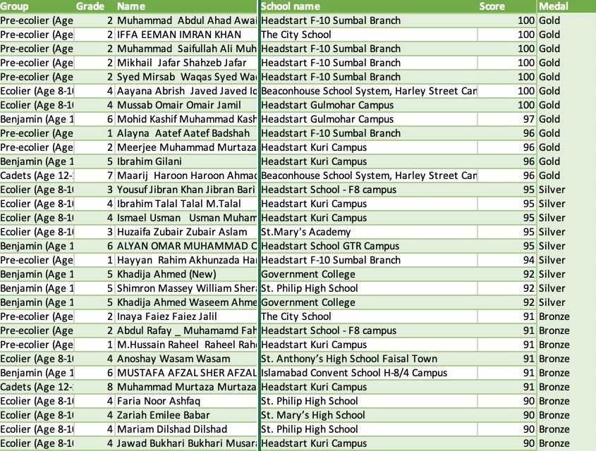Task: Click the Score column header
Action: (x=492, y=6)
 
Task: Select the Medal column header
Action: (x=554, y=6)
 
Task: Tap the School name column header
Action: (x=291, y=6)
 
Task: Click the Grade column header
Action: (x=90, y=6)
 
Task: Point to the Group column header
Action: (x=15, y=6)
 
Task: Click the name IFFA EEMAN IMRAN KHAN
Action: (x=178, y=35)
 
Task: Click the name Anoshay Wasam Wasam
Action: (x=173, y=359)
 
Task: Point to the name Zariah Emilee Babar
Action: (x=168, y=415)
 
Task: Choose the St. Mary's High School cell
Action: (x=313, y=415)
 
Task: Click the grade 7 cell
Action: (x=109, y=175)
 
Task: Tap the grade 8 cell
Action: (x=109, y=387)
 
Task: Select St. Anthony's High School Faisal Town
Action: (x=348, y=359)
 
